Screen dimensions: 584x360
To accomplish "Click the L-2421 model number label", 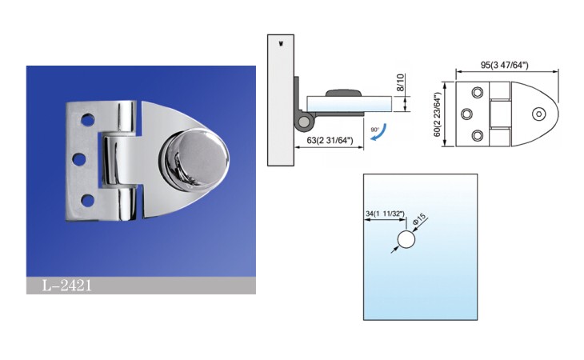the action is pyautogui.click(x=66, y=286).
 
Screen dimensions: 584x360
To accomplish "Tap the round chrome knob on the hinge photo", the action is pyautogui.click(x=194, y=156).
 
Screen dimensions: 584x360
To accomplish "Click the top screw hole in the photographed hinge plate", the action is pyautogui.click(x=87, y=120).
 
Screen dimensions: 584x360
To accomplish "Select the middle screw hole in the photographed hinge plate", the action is pyautogui.click(x=79, y=160).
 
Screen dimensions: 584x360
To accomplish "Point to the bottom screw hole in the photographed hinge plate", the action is pyautogui.click(x=87, y=200).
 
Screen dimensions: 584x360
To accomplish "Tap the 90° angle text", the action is pyautogui.click(x=374, y=130).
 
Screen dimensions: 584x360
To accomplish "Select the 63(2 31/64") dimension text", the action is pyautogui.click(x=330, y=141).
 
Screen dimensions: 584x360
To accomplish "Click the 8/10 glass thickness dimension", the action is pyautogui.click(x=400, y=82).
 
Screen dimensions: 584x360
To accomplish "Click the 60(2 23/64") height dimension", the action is pyautogui.click(x=438, y=114).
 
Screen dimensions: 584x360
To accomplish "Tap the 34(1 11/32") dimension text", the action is pyautogui.click(x=385, y=214).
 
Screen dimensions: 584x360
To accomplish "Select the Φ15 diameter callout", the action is pyautogui.click(x=419, y=219).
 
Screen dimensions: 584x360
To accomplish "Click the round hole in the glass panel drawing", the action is pyautogui.click(x=406, y=239).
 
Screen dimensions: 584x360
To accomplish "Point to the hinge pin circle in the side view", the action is pyautogui.click(x=305, y=122).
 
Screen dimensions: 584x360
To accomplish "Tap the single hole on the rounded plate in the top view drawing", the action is pyautogui.click(x=538, y=114).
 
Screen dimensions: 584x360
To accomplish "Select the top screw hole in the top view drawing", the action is pyautogui.click(x=478, y=92).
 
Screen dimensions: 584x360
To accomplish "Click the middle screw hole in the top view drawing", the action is pyautogui.click(x=466, y=114).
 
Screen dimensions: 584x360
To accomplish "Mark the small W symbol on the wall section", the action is pyautogui.click(x=281, y=44).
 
